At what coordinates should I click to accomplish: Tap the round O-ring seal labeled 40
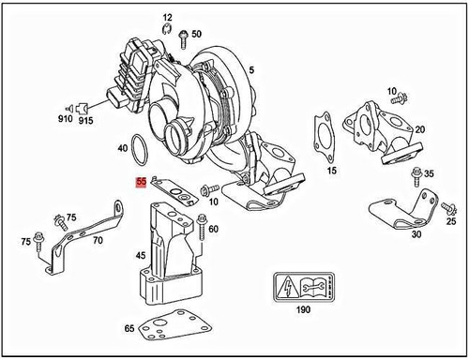(x=140, y=149)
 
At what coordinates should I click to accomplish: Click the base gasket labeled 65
(x=173, y=328)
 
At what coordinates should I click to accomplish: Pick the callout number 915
(x=85, y=122)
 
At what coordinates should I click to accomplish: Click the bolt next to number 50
(x=181, y=35)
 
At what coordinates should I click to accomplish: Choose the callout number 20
(x=419, y=128)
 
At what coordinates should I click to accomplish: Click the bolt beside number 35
(x=416, y=174)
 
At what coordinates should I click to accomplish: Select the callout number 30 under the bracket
(x=416, y=235)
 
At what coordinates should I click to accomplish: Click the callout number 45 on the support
(x=141, y=255)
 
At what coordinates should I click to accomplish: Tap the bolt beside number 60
(x=202, y=224)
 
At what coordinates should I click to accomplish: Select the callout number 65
(x=129, y=328)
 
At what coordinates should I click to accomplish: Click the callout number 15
(x=331, y=172)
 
